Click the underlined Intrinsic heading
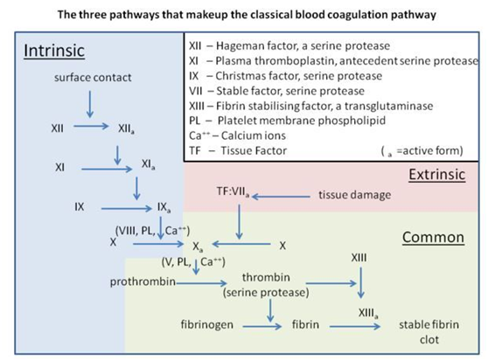(x=54, y=51)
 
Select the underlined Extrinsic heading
(x=437, y=175)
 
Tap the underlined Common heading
(x=433, y=237)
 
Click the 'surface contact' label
(x=93, y=78)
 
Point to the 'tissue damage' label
(x=355, y=195)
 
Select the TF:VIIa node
(x=234, y=191)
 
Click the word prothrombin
(x=143, y=281)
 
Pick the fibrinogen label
(x=207, y=324)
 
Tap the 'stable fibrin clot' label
(x=429, y=332)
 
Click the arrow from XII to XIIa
(x=91, y=126)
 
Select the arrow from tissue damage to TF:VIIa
(x=281, y=197)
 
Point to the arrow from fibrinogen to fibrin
(x=262, y=327)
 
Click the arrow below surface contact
(x=90, y=104)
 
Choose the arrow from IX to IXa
(x=126, y=208)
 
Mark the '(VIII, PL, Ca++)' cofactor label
(x=152, y=231)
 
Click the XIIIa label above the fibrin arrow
(x=368, y=313)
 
